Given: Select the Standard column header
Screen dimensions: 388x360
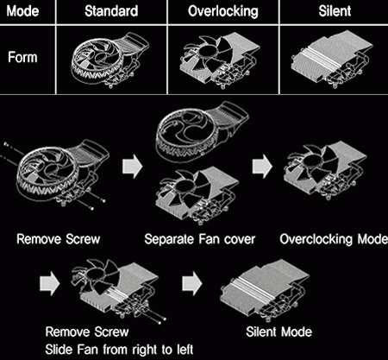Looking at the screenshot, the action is (111, 11).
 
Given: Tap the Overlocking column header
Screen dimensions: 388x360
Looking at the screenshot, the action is (223, 11).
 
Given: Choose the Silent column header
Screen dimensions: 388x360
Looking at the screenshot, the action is (335, 11).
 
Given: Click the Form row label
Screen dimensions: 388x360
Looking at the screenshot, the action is (22, 57).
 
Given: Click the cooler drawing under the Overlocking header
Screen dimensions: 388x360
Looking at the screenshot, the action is (221, 60).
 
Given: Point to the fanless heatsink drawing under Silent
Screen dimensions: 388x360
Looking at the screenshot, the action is (332, 60).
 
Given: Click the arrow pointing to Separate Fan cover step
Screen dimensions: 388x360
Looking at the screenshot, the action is (133, 166).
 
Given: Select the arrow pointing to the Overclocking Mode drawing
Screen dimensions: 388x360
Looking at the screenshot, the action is (262, 166).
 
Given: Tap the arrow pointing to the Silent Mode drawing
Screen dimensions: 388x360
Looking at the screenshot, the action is (192, 283).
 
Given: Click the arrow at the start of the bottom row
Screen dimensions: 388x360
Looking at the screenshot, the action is (50, 283).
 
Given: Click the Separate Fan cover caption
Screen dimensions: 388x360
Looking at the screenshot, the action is (200, 239).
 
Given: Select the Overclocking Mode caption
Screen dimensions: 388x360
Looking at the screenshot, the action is (334, 239).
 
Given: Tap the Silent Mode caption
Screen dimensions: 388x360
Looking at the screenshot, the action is (278, 332).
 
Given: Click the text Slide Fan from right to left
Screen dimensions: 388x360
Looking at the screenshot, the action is (119, 350).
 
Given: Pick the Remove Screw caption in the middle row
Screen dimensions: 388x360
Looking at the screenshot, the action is (58, 239).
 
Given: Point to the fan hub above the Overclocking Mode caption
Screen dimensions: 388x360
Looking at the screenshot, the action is (310, 159).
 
